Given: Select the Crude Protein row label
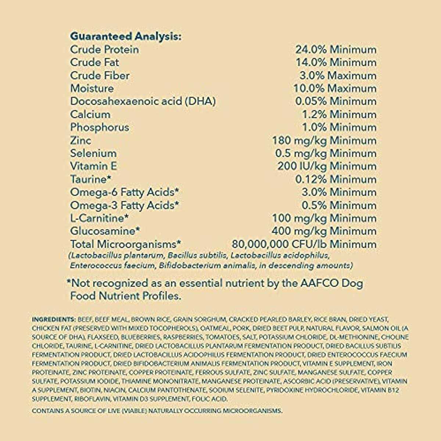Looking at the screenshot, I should (104, 50).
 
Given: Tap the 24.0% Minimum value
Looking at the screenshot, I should (336, 50).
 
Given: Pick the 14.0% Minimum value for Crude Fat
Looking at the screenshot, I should (336, 62).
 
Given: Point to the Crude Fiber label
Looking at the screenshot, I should (100, 75).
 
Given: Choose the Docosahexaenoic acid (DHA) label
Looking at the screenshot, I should (143, 101).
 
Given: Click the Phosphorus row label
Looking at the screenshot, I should (100, 128).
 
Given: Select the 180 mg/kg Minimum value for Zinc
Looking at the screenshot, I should (324, 140).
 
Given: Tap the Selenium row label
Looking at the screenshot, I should (93, 153).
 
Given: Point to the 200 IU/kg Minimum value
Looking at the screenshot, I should (327, 166).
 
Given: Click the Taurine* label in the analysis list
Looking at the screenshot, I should (90, 179).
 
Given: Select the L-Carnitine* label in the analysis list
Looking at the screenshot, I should (99, 218).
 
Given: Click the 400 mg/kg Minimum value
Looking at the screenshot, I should (324, 231).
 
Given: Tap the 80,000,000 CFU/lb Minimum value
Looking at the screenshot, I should (304, 244).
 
